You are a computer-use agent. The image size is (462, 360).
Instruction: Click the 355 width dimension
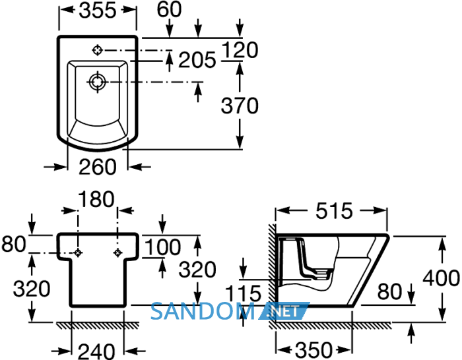98,11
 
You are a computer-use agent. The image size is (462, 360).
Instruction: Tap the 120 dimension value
240,49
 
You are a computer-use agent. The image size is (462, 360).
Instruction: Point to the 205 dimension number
197,60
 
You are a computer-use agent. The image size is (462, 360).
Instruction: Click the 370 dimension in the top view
240,105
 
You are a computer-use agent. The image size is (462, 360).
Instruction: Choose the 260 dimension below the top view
98,167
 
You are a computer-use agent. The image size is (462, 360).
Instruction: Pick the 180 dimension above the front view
96,199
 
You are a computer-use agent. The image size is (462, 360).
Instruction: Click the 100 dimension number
163,247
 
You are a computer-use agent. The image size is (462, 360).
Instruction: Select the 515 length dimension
334,211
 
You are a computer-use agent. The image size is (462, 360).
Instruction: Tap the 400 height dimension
441,278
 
